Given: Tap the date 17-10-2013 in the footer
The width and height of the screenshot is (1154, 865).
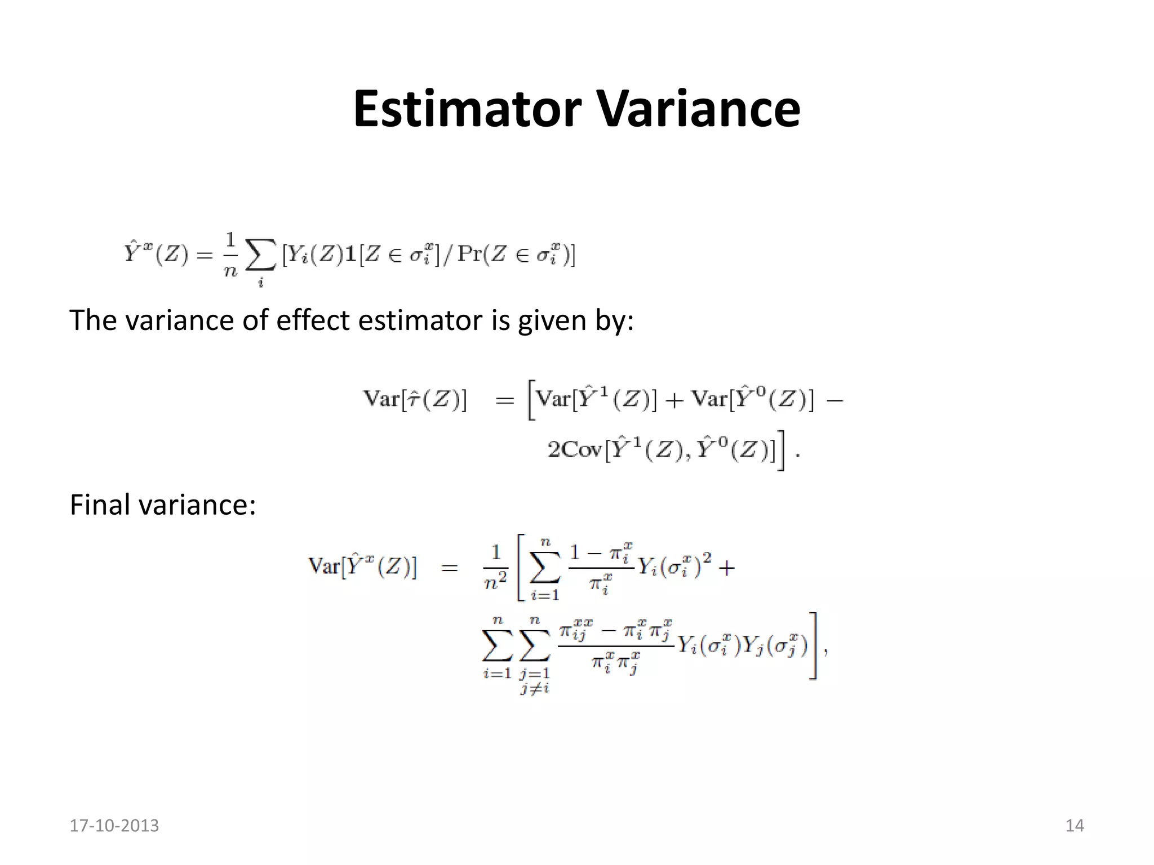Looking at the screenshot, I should (114, 826).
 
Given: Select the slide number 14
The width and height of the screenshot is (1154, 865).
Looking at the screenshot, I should (1074, 826).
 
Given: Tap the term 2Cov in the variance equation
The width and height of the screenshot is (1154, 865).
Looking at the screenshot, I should (575, 450).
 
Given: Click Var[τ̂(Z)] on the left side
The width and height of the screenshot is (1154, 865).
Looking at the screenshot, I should (415, 399).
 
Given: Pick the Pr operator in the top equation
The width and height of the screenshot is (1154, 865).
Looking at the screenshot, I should (472, 255).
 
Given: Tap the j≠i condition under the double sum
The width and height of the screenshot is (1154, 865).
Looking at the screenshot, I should (535, 688).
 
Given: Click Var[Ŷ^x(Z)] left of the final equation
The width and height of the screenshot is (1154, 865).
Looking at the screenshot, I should (362, 566).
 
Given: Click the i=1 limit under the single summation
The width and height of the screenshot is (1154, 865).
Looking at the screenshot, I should (545, 595).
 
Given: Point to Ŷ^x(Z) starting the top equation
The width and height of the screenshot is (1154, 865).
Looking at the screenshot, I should (156, 255).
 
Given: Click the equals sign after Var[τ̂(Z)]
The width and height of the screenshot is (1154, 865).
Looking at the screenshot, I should (504, 400).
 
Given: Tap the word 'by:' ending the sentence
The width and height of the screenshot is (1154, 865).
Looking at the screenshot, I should (615, 320).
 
